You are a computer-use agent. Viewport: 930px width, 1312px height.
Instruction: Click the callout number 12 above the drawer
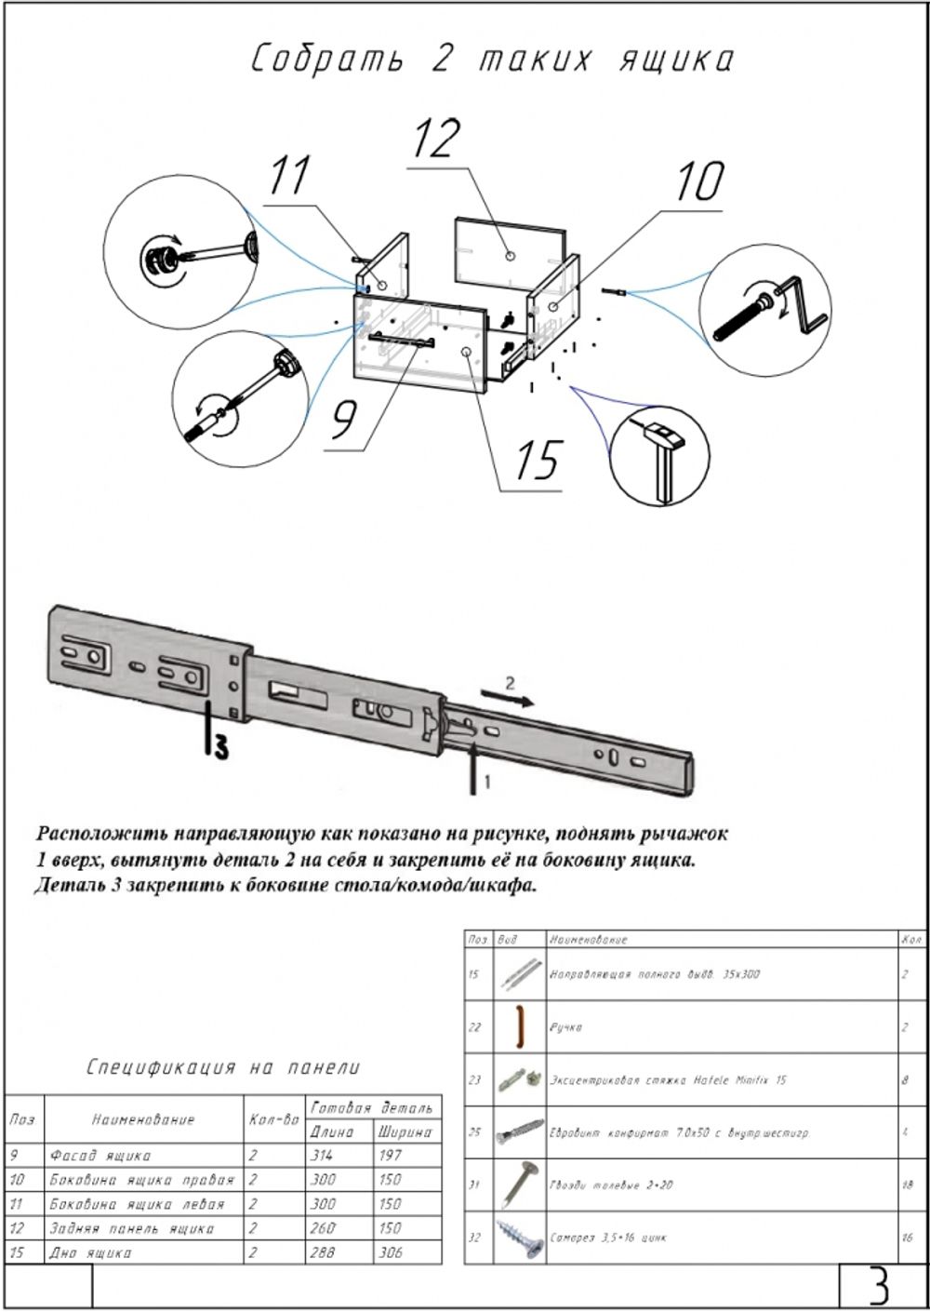coord(436,138)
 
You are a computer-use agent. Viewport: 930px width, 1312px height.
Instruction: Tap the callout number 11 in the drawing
coord(289,176)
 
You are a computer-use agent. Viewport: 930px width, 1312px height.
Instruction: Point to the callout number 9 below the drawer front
coord(343,419)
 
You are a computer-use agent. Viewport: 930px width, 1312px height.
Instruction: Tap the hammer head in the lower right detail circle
coord(663,433)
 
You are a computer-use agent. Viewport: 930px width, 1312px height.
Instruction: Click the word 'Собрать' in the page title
coord(327,60)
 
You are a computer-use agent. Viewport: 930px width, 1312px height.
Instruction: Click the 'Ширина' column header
coord(404,1131)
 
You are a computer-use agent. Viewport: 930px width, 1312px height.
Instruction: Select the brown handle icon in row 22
coord(517,1026)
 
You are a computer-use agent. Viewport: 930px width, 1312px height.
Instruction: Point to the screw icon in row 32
coord(518,1238)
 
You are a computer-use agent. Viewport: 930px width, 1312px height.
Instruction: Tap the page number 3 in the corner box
coord(878,1286)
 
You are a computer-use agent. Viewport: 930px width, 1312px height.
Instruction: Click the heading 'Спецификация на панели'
coord(223,1067)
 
